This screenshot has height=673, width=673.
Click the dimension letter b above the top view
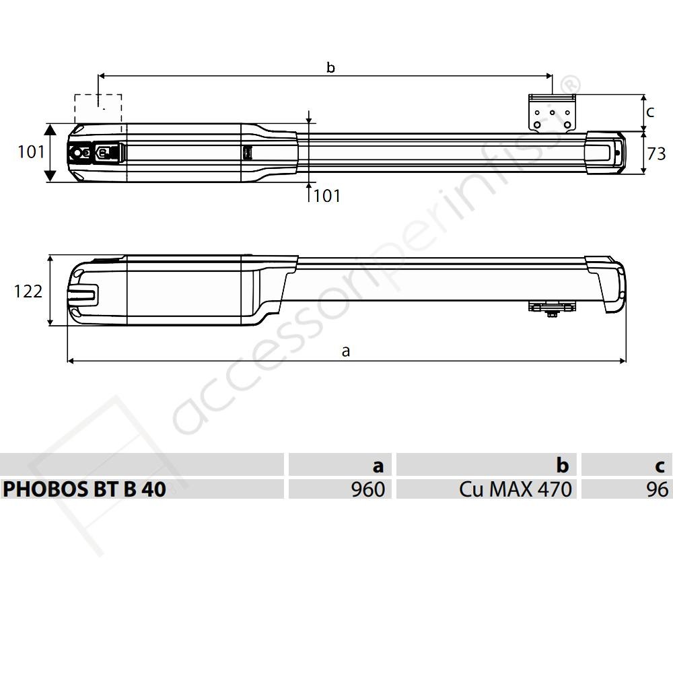pyautogui.click(x=330, y=67)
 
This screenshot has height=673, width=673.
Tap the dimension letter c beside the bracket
pyautogui.click(x=649, y=112)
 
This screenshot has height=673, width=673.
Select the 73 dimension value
pyautogui.click(x=656, y=154)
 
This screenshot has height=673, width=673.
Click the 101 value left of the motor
pyautogui.click(x=31, y=152)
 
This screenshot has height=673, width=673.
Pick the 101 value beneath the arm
pyautogui.click(x=327, y=196)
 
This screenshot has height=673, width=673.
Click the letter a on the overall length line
pyautogui.click(x=346, y=351)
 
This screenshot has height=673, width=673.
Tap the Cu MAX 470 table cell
pyautogui.click(x=487, y=489)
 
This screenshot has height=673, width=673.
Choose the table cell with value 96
pyautogui.click(x=627, y=489)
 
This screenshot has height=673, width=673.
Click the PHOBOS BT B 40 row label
pyautogui.click(x=85, y=489)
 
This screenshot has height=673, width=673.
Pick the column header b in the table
pyautogui.click(x=487, y=464)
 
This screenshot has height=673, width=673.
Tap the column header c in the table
pyautogui.click(x=627, y=464)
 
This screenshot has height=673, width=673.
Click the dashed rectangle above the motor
pyautogui.click(x=98, y=109)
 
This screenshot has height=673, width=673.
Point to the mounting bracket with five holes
pyautogui.click(x=552, y=113)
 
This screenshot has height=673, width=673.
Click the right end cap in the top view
pyautogui.click(x=605, y=153)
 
